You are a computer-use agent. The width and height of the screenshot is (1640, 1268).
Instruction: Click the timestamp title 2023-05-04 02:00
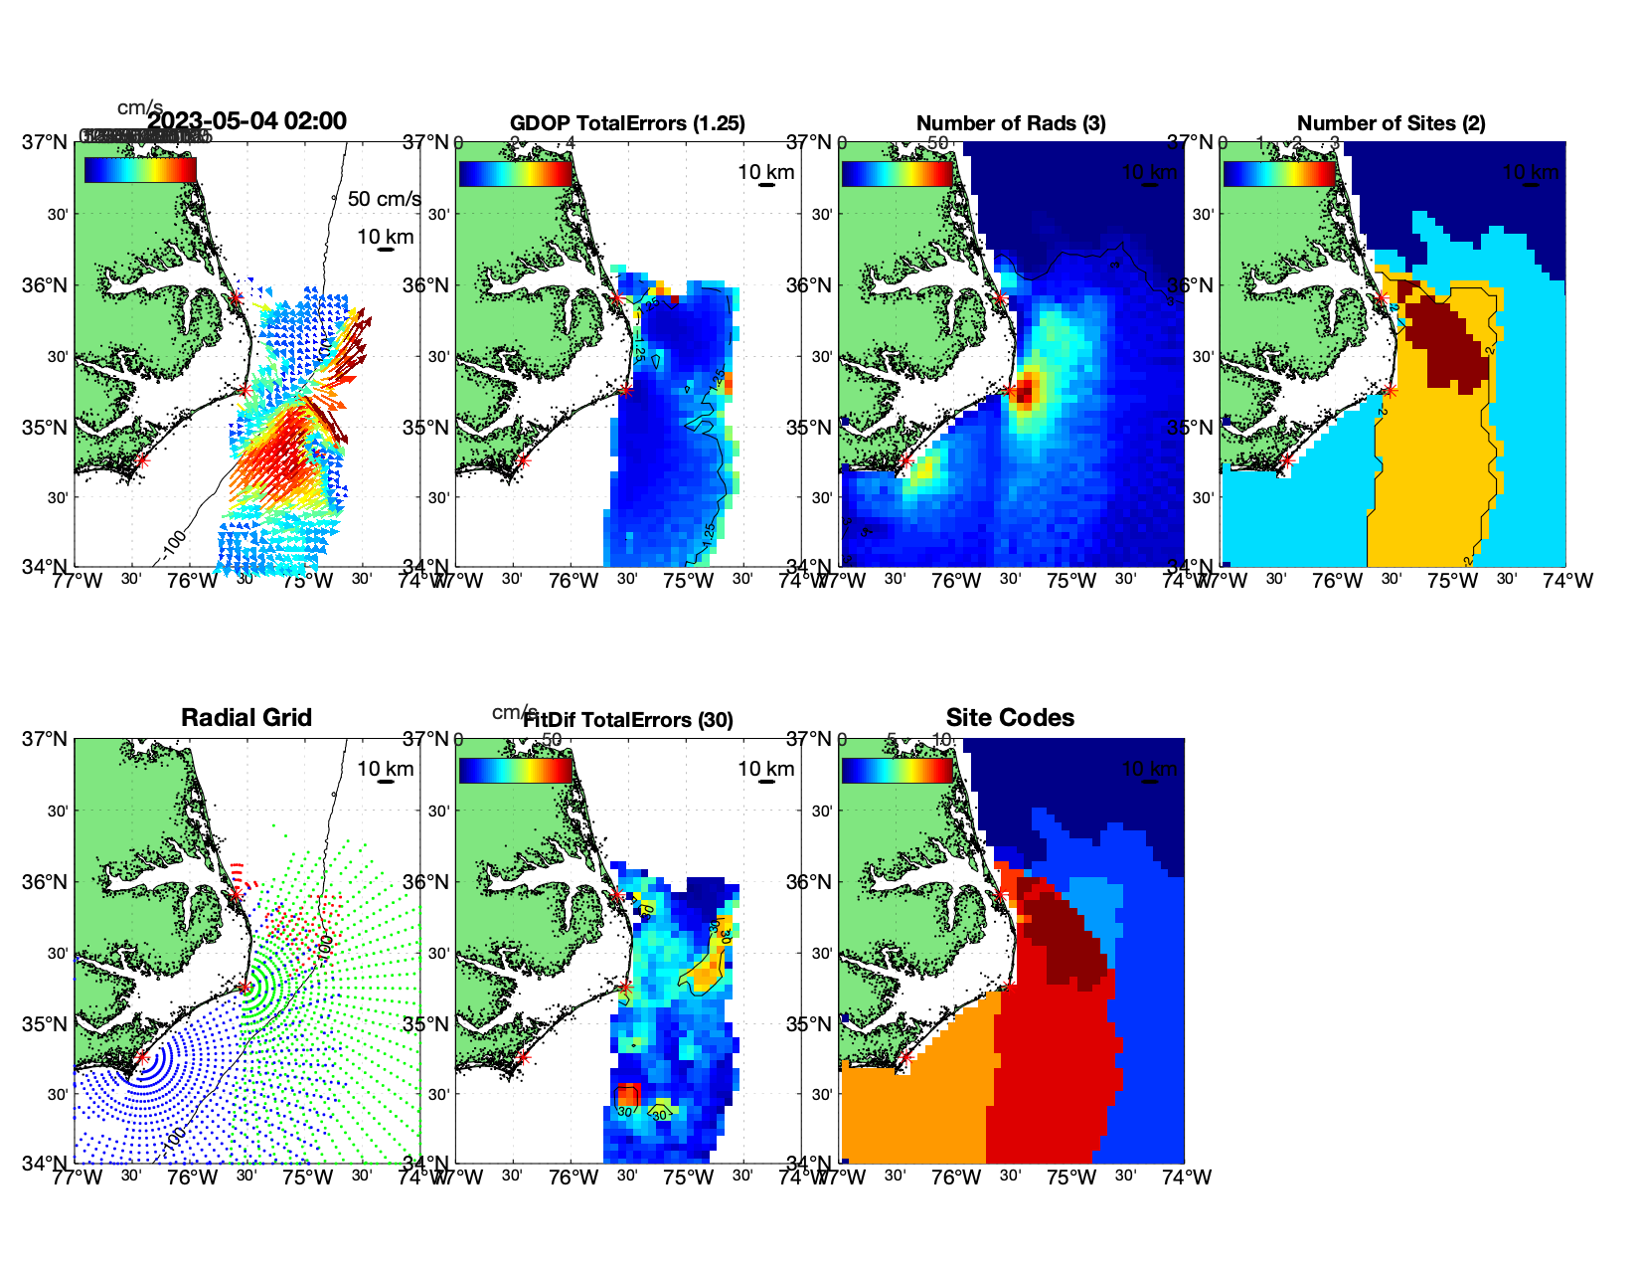point(246,121)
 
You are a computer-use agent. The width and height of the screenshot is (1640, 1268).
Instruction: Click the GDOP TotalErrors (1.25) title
point(627,123)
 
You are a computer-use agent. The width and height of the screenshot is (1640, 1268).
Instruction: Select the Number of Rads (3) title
point(1011,123)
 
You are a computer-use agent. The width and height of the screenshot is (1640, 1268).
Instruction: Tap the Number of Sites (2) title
point(1391,123)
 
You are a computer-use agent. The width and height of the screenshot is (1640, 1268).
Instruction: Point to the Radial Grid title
point(246,718)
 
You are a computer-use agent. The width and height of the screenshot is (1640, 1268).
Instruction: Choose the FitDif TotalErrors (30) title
point(627,720)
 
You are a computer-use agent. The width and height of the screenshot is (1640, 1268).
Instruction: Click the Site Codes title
point(1010,718)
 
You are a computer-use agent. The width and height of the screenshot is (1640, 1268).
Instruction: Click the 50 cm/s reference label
point(384,199)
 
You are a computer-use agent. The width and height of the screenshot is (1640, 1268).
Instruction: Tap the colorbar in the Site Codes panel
point(897,771)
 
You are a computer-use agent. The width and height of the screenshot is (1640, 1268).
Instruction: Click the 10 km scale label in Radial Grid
point(386,769)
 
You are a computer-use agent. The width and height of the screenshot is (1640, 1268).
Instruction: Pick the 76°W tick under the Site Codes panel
point(956,1177)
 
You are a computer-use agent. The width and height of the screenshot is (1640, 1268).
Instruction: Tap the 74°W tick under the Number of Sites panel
point(1568,581)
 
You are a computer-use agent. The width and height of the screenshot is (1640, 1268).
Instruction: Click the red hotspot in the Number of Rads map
point(1025,390)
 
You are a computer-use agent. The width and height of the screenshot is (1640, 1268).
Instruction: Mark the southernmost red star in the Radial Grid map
point(141,1057)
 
